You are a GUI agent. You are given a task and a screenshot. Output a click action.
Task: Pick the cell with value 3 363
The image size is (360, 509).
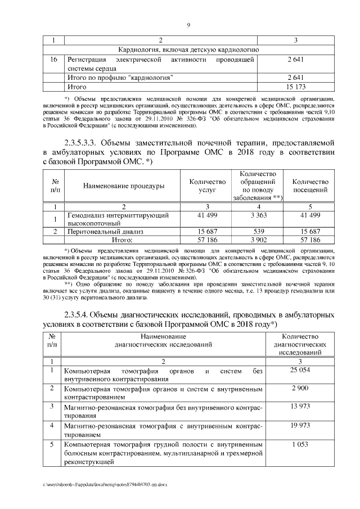coord(256,215)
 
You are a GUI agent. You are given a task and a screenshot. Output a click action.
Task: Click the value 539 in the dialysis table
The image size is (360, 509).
coord(256,231)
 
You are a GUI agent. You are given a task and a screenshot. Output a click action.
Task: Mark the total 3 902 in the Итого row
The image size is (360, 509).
coord(256,240)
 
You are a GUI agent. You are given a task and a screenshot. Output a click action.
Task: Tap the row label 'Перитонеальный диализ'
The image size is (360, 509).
coord(105,231)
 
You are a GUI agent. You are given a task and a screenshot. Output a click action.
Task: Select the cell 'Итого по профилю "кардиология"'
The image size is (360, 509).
coord(120,78)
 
